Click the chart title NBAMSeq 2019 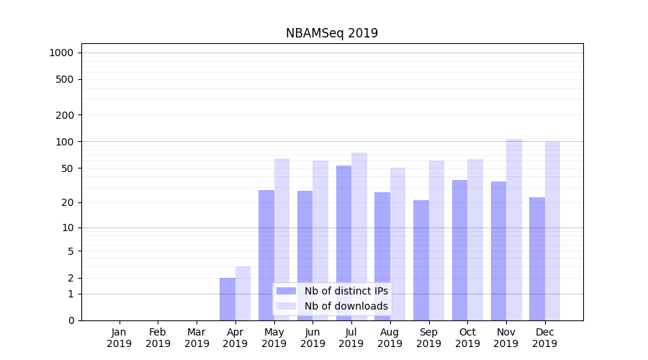tap(331, 33)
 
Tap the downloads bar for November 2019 tap(514, 230)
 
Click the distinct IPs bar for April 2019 tap(228, 299)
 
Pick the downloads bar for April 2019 tap(243, 293)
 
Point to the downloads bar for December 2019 tap(553, 230)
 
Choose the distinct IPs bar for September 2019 tap(421, 260)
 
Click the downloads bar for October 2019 tap(475, 240)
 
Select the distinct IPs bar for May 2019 tap(266, 255)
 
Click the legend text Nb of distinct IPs tap(346, 291)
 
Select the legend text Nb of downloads tap(346, 306)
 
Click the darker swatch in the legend tap(286, 291)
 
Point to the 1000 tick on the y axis tap(61, 53)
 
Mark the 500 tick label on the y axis tap(65, 79)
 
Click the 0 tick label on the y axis tap(71, 320)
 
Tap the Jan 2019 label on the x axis tap(120, 338)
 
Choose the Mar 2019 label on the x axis tap(197, 338)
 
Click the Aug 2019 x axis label tap(390, 338)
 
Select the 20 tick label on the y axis tap(68, 202)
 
